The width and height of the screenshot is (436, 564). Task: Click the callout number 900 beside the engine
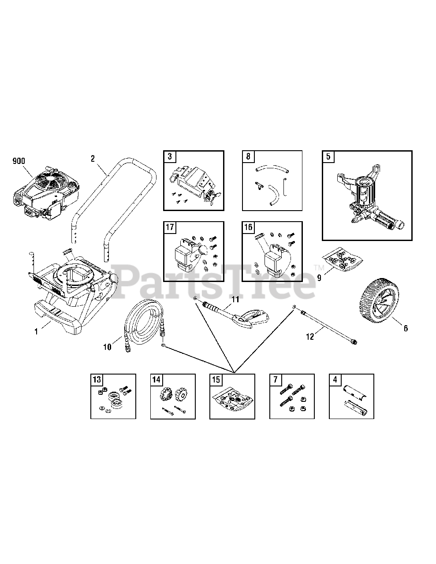pyautogui.click(x=19, y=161)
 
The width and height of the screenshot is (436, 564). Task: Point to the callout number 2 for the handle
pyautogui.click(x=93, y=159)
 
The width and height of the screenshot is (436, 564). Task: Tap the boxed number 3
pyautogui.click(x=169, y=156)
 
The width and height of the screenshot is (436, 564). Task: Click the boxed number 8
pyautogui.click(x=248, y=156)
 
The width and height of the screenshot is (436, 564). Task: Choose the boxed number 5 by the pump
pyautogui.click(x=328, y=156)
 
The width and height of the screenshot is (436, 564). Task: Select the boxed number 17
pyautogui.click(x=170, y=227)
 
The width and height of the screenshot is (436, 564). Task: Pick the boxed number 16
pyautogui.click(x=248, y=227)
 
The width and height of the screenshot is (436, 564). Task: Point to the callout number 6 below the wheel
pyautogui.click(x=406, y=328)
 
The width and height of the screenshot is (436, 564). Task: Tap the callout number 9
pyautogui.click(x=319, y=278)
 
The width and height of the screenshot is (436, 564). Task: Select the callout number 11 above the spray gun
pyautogui.click(x=235, y=300)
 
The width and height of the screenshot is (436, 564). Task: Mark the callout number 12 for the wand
pyautogui.click(x=310, y=337)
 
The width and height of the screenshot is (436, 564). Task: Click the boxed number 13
pyautogui.click(x=97, y=379)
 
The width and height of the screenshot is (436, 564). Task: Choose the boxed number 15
pyautogui.click(x=216, y=379)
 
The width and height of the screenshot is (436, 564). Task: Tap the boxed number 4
pyautogui.click(x=335, y=379)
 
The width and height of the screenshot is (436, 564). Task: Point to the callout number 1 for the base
pyautogui.click(x=37, y=332)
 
